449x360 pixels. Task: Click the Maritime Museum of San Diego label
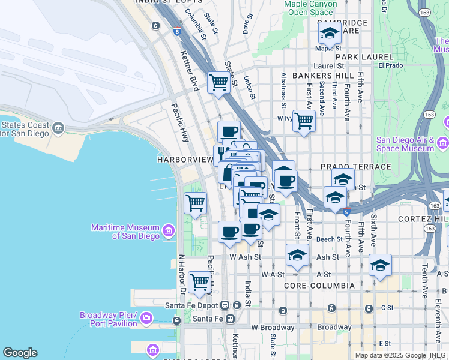coord(125,232)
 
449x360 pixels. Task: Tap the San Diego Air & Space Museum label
coord(405,144)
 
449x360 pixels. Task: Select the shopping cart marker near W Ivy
coord(304,121)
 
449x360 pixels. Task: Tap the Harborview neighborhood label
coord(185,160)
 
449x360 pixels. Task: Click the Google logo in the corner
coord(20,353)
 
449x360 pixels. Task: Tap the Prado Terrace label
coord(347,166)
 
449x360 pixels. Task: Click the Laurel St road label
coord(328,66)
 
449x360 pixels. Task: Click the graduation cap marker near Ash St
coord(297,255)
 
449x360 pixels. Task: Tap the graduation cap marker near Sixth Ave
coord(380,265)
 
